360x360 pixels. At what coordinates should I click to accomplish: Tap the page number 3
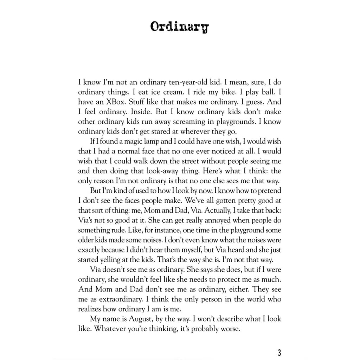click(279, 352)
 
